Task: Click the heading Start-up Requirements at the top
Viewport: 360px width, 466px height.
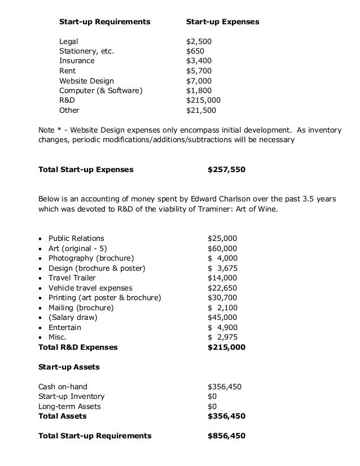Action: [x=105, y=22]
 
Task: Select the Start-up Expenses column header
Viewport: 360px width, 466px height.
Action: [x=222, y=22]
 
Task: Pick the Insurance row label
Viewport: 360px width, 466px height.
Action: [x=77, y=61]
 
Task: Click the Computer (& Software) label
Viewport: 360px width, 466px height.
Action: [x=101, y=91]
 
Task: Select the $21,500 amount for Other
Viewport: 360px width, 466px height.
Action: [x=201, y=111]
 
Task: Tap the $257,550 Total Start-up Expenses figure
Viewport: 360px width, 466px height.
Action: [x=226, y=169]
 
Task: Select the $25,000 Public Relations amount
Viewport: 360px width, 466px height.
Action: [x=222, y=238]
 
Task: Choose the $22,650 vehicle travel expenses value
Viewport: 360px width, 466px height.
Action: [x=222, y=288]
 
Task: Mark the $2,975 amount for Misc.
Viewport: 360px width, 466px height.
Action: [x=222, y=337]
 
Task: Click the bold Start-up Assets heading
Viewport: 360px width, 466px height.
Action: [x=69, y=367]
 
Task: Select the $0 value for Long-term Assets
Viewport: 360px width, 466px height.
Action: [x=212, y=406]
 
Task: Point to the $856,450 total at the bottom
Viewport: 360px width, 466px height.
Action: [x=226, y=436]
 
